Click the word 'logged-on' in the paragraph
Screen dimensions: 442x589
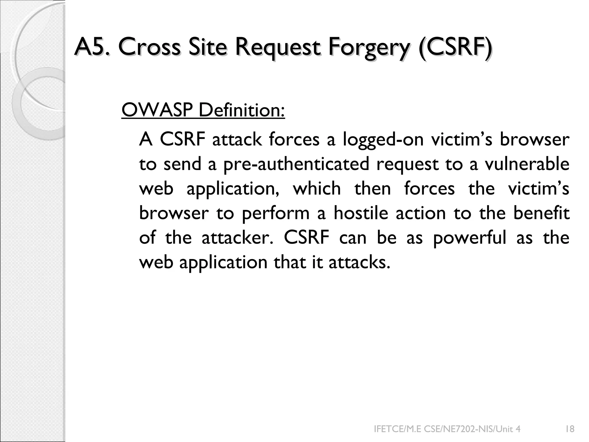point(383,140)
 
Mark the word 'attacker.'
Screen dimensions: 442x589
point(237,238)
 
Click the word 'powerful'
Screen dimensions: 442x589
point(469,238)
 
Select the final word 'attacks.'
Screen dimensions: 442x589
point(359,262)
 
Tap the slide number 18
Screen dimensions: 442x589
point(570,429)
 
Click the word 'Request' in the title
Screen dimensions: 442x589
point(278,47)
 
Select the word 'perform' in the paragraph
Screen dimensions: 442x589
point(276,214)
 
